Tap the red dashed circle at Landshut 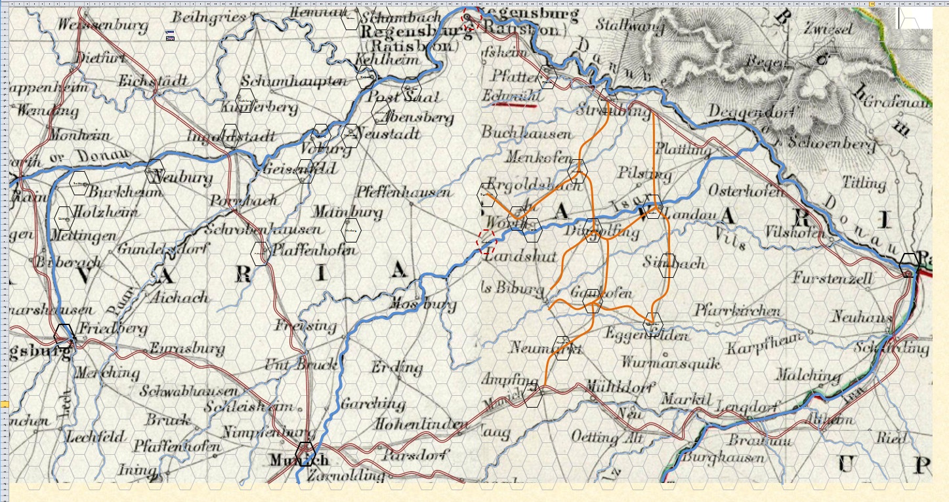pos(486,241)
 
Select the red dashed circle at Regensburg pos(471,20)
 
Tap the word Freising pos(305,325)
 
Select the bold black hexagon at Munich pos(305,454)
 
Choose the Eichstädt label pos(153,81)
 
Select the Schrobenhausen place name pos(263,229)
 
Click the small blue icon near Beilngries pos(170,35)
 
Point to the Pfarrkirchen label pos(738,311)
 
